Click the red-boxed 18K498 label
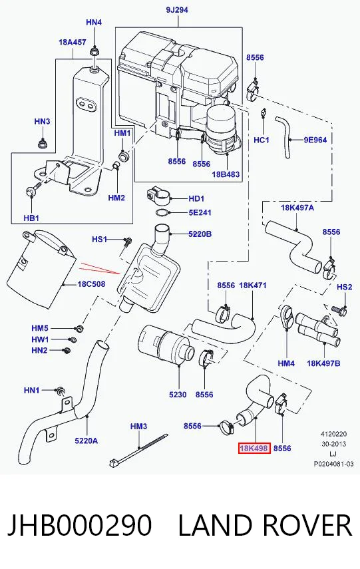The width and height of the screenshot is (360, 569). [x=254, y=448]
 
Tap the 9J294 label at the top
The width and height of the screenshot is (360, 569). [x=177, y=10]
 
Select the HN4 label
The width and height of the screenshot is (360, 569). [x=94, y=23]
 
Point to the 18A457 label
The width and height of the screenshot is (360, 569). [x=73, y=43]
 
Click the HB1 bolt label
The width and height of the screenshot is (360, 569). [x=31, y=218]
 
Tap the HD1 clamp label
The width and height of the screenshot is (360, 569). [x=196, y=198]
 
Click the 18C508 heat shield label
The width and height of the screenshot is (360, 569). [x=91, y=284]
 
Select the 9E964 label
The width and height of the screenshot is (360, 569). [x=315, y=140]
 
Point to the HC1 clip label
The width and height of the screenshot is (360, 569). [x=262, y=140]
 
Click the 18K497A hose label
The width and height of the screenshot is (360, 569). [x=297, y=208]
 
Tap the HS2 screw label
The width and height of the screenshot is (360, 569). [x=345, y=287]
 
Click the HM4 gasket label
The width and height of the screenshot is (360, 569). [x=286, y=363]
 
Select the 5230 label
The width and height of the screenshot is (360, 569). [x=178, y=395]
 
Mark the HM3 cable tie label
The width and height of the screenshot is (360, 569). [x=138, y=427]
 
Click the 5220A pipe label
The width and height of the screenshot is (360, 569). [x=87, y=441]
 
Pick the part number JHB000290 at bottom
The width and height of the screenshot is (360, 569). [x=79, y=525]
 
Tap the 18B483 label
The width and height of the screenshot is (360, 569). [x=226, y=174]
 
